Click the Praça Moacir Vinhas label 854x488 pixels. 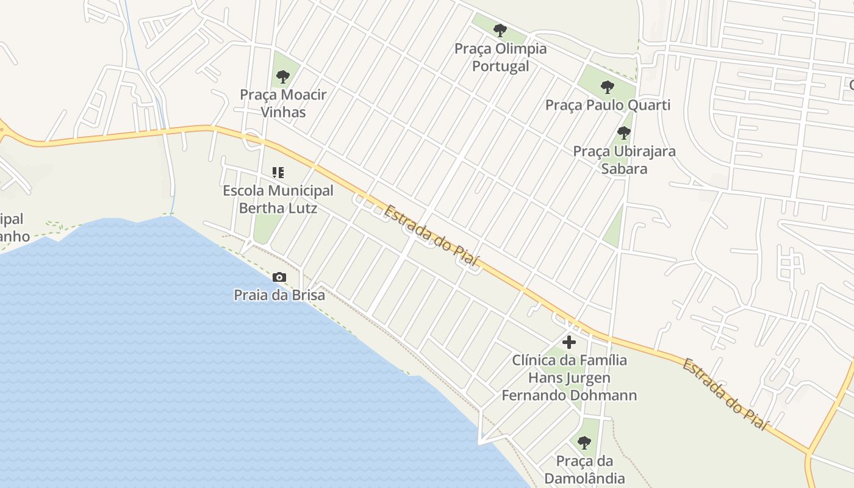tap(283, 103)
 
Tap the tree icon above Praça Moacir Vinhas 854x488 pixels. tap(282, 77)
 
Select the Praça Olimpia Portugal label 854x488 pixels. tap(500, 57)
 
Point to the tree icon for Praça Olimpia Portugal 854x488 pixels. tap(500, 30)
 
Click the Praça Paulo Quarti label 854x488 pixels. tap(608, 105)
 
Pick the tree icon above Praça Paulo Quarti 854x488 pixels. tap(607, 87)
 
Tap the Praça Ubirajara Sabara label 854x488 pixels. tap(624, 159)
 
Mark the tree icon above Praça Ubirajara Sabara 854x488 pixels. tap(623, 132)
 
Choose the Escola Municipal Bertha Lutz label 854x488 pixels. tap(278, 199)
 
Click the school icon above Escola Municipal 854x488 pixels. tap(278, 173)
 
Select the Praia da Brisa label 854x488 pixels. tap(279, 295)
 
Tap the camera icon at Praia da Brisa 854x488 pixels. tap(279, 278)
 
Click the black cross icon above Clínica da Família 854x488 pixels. tap(569, 342)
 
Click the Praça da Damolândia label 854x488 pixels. tap(584, 469)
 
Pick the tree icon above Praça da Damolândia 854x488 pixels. tap(584, 443)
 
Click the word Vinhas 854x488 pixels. tap(283, 112)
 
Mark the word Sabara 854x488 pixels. tap(624, 168)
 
